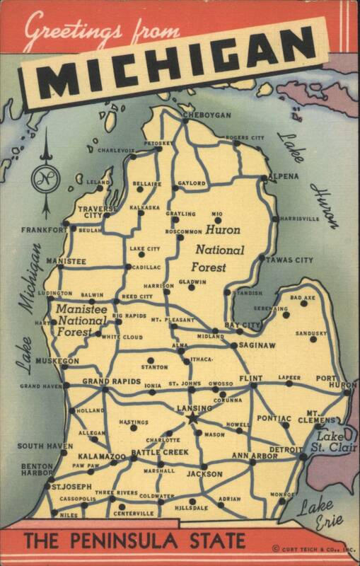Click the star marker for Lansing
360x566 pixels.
(192, 419)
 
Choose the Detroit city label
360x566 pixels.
(286, 449)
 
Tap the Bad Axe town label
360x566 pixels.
(303, 298)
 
